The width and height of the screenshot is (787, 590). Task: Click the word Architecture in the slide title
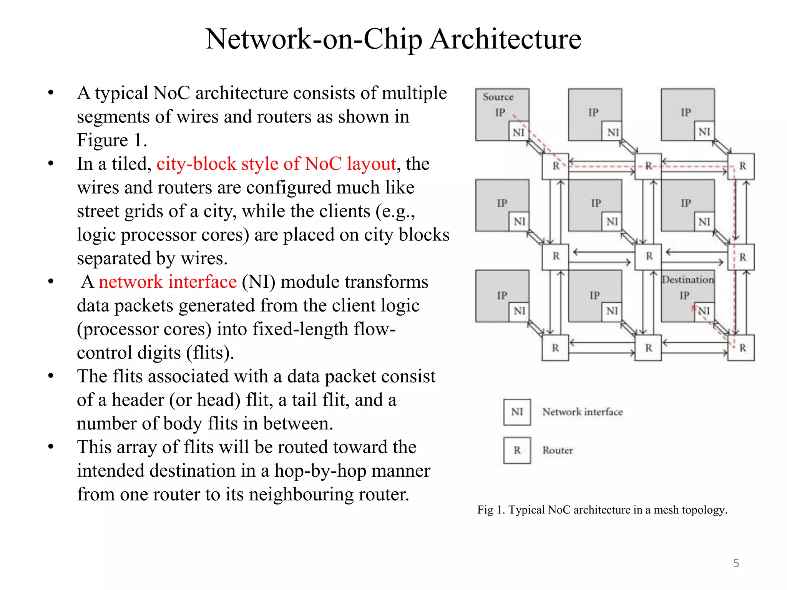pos(505,39)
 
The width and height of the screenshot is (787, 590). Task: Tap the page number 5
pos(736,563)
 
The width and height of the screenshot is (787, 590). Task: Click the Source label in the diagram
pos(498,97)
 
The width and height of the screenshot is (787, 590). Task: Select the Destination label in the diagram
pos(687,280)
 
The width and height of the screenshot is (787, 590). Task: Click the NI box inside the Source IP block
pos(518,132)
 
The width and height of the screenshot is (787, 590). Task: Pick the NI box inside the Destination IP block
pos(704,310)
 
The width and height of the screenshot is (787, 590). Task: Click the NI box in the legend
pos(517,412)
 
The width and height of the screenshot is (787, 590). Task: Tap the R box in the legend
pos(517,450)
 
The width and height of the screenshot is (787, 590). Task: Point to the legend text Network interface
pos(582,412)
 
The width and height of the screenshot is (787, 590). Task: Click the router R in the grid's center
pos(649,256)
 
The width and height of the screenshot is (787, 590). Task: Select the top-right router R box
pos(742,166)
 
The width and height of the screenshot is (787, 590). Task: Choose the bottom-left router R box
pos(555,348)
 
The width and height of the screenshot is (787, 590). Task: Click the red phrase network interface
pos(168,282)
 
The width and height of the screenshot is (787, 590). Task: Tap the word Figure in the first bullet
pos(102,140)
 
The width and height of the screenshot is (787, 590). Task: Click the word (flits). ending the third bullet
pos(210,353)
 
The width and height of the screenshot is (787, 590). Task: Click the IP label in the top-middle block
pos(593,112)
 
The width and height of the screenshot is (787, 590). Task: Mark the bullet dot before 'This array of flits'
pos(51,447)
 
